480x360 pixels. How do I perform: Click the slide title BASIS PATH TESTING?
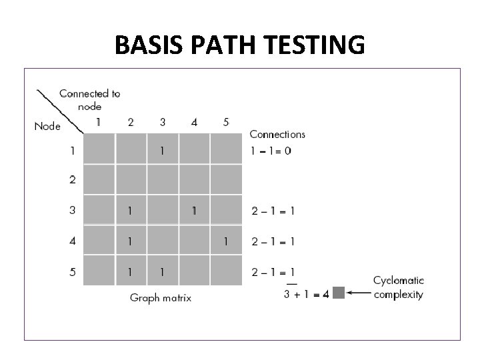pos(239,45)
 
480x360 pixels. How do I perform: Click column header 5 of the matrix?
pos(226,122)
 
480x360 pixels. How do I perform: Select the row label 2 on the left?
pos(72,179)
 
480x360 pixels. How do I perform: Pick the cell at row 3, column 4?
pos(194,211)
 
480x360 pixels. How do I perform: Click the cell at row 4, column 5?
pos(226,241)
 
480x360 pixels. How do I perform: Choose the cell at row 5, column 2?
pos(131,271)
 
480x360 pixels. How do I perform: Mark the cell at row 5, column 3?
pos(162,271)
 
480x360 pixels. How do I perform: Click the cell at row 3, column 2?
pos(131,211)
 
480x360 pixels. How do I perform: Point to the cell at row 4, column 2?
pos(131,241)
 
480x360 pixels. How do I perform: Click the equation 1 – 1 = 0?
pos(271,151)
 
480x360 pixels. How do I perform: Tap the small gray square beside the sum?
pos(338,293)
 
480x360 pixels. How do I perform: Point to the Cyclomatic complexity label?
pos(398,287)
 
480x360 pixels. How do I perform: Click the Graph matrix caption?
pos(161,297)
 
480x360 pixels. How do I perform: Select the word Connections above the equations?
pos(277,134)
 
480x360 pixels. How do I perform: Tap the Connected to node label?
pos(90,99)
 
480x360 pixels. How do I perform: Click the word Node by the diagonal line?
pos(47,125)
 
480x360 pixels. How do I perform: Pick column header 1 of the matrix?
pos(99,122)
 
